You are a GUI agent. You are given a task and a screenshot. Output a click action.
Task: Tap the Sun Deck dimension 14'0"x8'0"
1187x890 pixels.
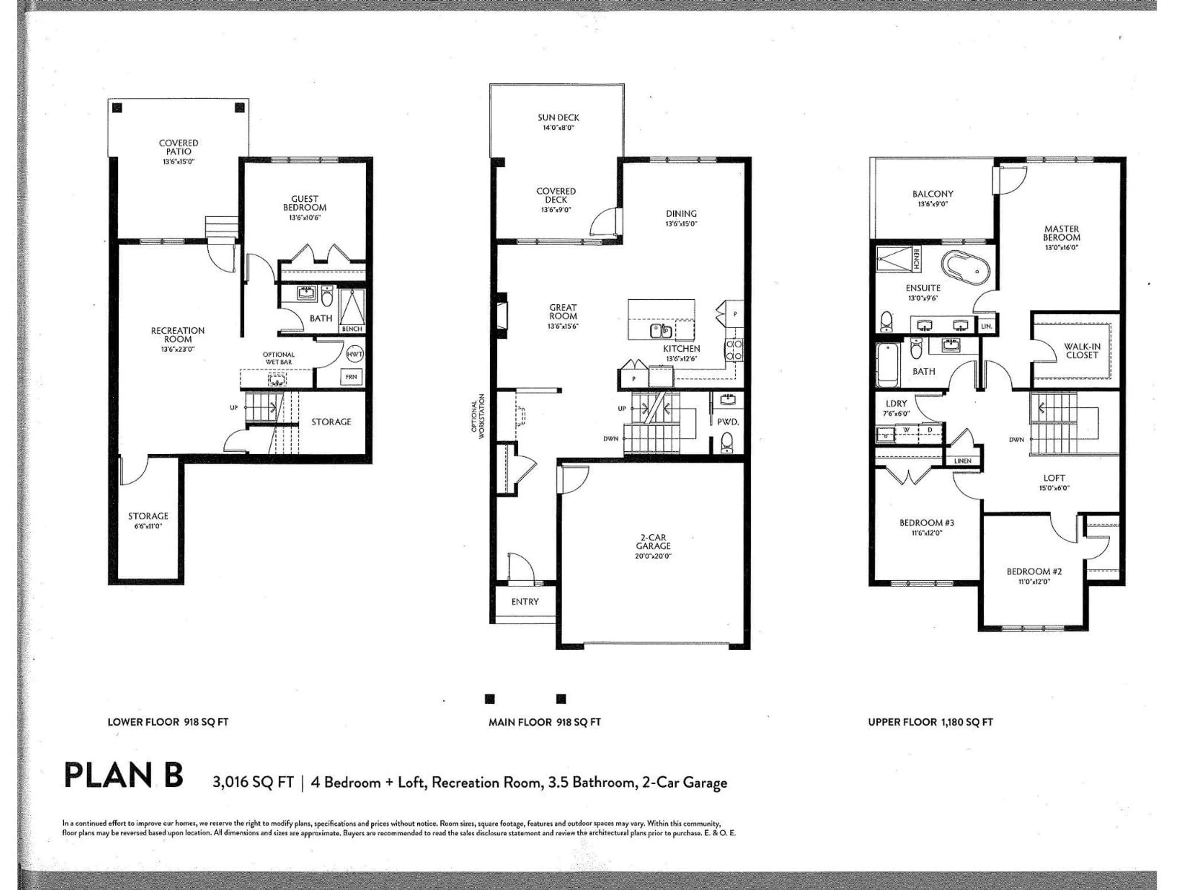coord(558,128)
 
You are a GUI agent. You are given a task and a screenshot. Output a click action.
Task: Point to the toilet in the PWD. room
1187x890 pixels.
coord(727,443)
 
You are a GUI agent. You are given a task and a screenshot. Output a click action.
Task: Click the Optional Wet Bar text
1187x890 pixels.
coord(279,358)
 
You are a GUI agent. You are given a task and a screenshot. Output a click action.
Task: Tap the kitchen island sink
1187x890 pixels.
coord(660,331)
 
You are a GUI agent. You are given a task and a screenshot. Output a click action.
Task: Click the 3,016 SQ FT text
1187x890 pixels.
coord(253,782)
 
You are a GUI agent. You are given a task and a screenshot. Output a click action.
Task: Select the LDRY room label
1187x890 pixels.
coord(896,403)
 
